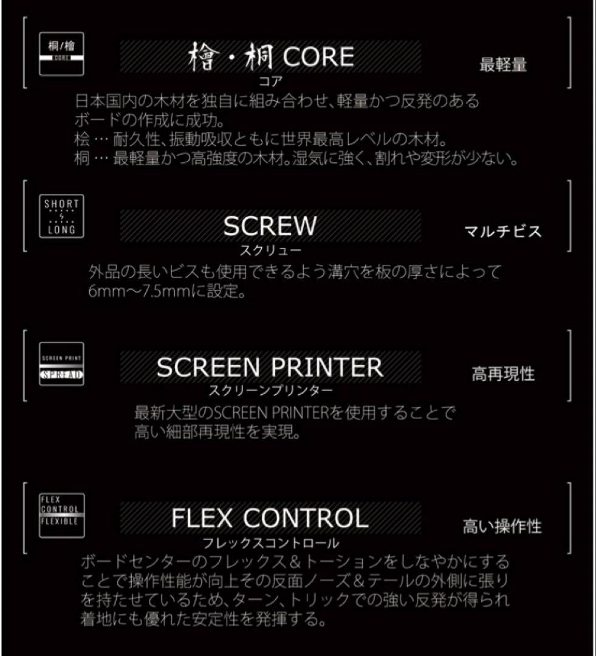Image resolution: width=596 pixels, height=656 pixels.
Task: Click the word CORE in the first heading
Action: (319, 57)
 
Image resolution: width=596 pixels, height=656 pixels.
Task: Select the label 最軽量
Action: (502, 65)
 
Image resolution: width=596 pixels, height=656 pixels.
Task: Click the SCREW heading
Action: (270, 227)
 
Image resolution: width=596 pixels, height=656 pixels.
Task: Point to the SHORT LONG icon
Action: (61, 216)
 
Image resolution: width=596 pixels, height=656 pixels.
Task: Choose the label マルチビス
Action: (502, 231)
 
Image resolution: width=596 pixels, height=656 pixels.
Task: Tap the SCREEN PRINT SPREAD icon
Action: (61, 364)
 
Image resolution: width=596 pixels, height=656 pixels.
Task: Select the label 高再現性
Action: (503, 374)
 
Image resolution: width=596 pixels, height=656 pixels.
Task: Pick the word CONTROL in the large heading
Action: (306, 518)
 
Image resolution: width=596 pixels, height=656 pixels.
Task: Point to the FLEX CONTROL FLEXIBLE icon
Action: (61, 515)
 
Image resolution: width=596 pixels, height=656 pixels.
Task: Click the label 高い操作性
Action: (502, 526)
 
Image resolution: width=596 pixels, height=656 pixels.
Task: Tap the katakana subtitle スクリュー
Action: (270, 249)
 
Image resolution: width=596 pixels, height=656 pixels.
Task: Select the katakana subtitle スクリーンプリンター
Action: (270, 391)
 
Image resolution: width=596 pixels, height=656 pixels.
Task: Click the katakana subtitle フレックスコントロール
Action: (270, 541)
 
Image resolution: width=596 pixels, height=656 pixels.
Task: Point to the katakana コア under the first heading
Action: (270, 80)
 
